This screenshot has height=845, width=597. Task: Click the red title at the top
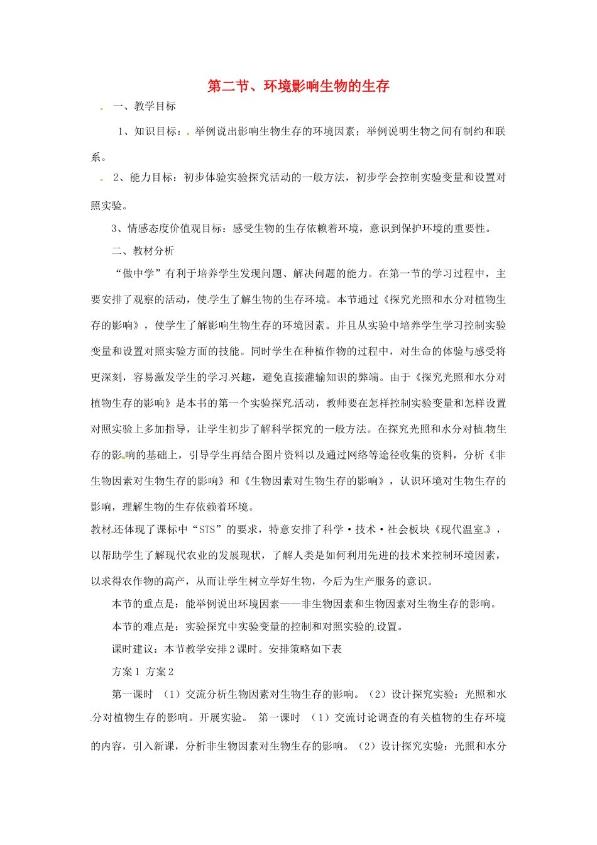pos(298,86)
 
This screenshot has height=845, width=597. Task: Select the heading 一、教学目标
pos(145,106)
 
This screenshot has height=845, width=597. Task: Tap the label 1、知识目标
pos(148,131)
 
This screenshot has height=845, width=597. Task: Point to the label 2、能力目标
pos(143,177)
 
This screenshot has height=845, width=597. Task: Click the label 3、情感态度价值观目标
pos(167,228)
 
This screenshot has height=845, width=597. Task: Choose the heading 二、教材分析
pos(143,251)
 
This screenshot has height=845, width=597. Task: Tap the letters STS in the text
pos(207,529)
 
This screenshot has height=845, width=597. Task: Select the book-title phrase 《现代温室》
pos(461,529)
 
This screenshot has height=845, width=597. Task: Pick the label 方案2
pos(160,671)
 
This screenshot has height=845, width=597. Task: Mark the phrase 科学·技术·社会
pos(376,529)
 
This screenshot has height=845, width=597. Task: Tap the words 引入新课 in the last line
pos(154,746)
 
